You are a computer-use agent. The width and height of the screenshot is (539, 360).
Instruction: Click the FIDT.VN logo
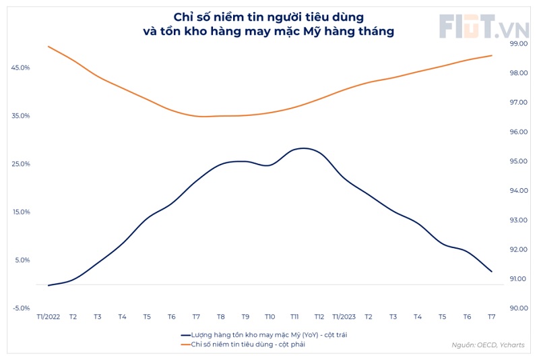483,27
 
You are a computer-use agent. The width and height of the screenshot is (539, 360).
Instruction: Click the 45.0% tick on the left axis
20,67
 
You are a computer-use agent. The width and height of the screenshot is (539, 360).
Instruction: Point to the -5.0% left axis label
20,308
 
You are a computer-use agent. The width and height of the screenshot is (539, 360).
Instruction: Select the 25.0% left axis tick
20,164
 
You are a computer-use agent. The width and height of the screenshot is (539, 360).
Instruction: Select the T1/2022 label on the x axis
48,317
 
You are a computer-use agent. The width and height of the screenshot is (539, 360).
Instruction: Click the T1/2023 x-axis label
344,317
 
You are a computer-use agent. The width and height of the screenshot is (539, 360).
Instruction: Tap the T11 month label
294,317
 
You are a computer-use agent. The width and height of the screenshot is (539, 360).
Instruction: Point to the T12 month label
319,317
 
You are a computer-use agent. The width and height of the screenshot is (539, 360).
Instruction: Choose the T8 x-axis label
220,317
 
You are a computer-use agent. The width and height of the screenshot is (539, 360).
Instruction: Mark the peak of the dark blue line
303,148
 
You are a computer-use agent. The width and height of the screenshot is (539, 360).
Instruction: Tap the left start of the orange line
48,47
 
